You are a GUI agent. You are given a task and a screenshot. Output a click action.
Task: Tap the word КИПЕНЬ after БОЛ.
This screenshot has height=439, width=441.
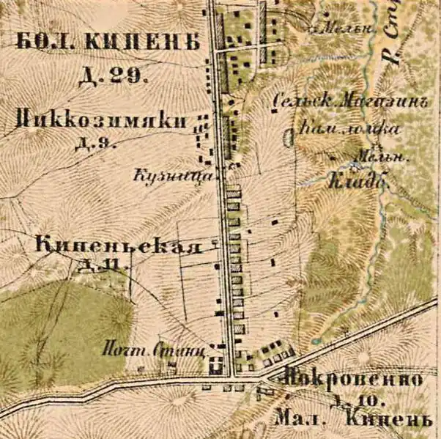[141, 43]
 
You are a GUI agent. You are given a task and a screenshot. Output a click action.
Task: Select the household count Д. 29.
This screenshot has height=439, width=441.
[113, 74]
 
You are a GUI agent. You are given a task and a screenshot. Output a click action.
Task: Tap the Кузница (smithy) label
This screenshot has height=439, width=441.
[174, 176]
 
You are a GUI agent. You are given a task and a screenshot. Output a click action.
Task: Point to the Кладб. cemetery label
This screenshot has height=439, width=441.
[357, 178]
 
